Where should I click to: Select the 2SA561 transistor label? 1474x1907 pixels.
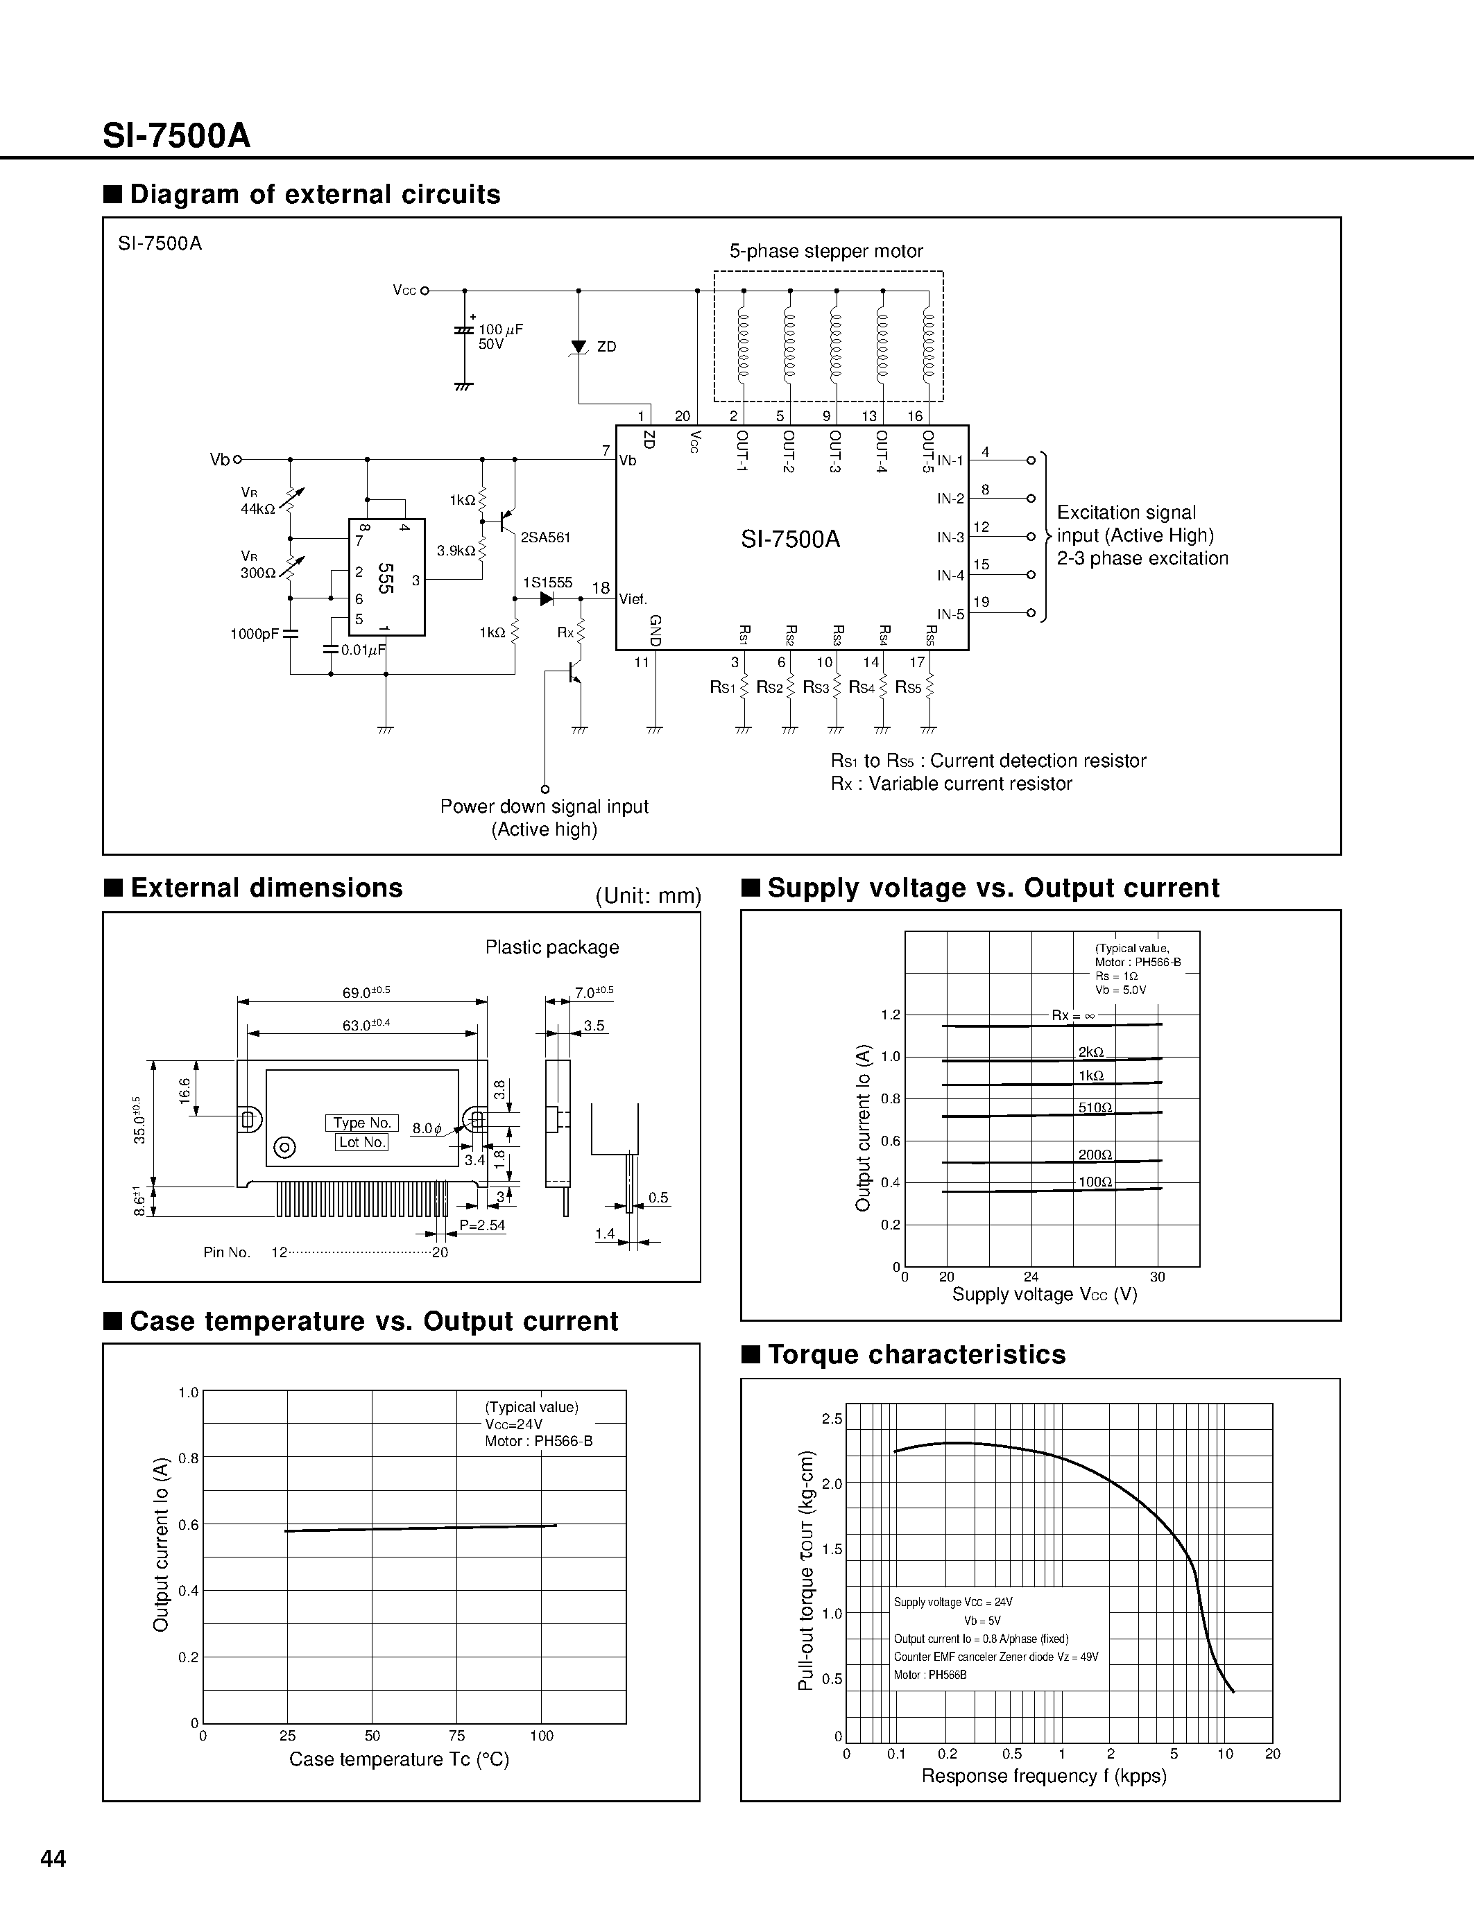(545, 538)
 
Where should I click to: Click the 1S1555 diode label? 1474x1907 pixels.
(547, 583)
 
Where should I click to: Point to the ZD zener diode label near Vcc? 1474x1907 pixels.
(607, 347)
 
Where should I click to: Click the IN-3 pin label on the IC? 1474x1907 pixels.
(950, 538)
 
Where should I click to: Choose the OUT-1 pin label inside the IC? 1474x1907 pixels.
(742, 451)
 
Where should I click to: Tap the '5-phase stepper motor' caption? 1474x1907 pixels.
(826, 252)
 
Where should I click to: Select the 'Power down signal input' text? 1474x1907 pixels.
(544, 806)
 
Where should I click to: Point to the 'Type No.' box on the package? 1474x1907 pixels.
(361, 1123)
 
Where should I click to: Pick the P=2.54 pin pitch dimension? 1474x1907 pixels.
(483, 1225)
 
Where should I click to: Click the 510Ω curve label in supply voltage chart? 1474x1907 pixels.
(1095, 1108)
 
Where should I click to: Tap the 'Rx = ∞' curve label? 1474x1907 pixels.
(1073, 1015)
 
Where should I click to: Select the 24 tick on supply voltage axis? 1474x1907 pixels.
(1031, 1277)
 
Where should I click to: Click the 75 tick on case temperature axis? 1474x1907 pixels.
(456, 1736)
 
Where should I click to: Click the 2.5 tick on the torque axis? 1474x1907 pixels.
(832, 1419)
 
